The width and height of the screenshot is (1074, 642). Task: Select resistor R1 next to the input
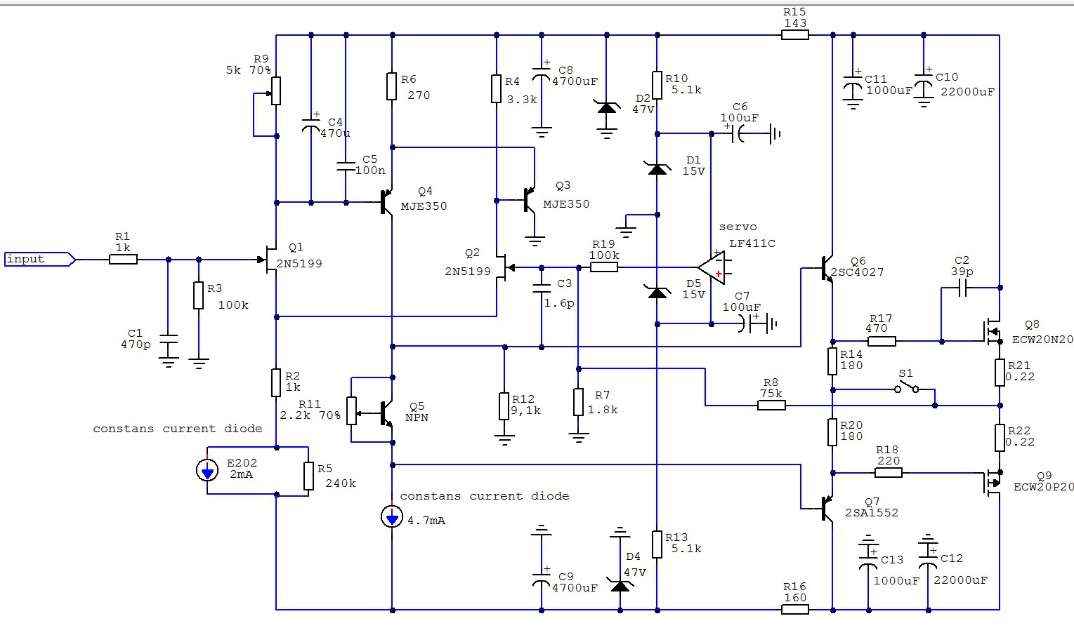click(123, 260)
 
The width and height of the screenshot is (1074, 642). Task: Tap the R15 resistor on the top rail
click(795, 34)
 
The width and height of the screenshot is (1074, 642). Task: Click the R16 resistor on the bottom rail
click(795, 610)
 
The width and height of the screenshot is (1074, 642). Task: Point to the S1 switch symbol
click(907, 388)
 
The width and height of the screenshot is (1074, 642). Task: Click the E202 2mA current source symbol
click(207, 470)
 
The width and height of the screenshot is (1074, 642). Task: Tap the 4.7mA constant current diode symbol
click(392, 517)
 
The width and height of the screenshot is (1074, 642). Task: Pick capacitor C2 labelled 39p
click(962, 288)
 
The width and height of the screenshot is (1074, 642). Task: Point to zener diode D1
click(657, 168)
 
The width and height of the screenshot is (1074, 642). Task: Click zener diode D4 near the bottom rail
click(620, 585)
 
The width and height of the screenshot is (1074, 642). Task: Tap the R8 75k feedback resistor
click(771, 406)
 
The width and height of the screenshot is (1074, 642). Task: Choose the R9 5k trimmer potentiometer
click(276, 91)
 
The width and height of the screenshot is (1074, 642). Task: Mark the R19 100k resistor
click(603, 267)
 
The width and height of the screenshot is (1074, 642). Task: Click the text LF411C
click(752, 243)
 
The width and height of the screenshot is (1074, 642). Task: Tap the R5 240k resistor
click(309, 476)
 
